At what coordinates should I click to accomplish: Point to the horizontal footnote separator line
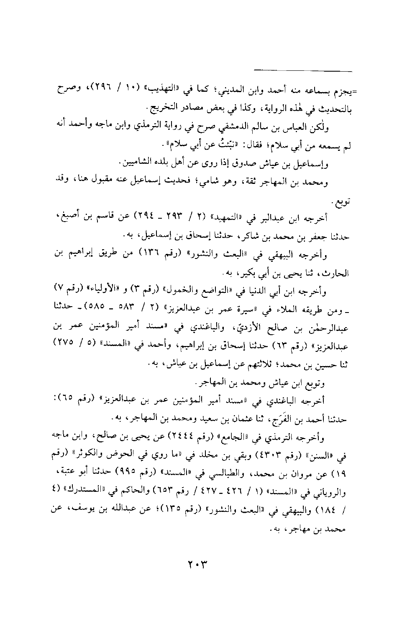(303, 70)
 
